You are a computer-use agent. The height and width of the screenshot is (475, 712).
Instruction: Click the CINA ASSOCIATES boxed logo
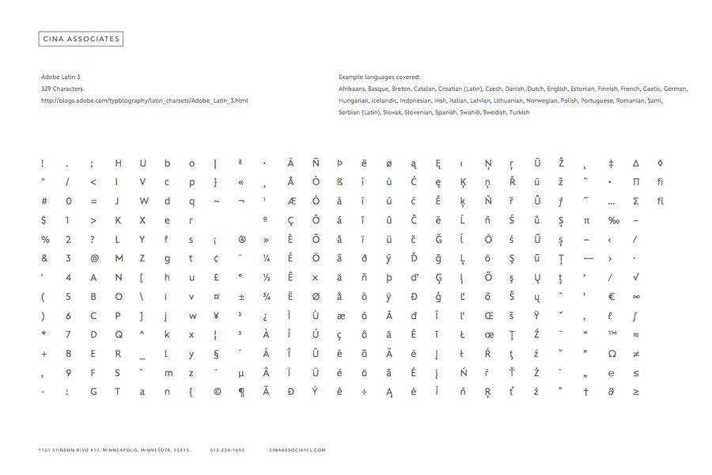pyautogui.click(x=81, y=38)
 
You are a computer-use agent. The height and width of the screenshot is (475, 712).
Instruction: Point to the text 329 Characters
pyautogui.click(x=62, y=89)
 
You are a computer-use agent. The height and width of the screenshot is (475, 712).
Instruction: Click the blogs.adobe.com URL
pyautogui.click(x=145, y=101)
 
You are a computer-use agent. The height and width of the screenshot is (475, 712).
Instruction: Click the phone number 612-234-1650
pyautogui.click(x=227, y=450)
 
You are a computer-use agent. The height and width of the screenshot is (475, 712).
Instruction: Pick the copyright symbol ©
pyautogui.click(x=217, y=391)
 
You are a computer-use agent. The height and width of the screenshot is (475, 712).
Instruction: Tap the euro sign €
pyautogui.click(x=612, y=296)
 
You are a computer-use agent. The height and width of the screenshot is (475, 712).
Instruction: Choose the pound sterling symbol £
pyautogui.click(x=216, y=277)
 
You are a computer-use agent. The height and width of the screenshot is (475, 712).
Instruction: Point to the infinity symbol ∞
pyautogui.click(x=636, y=296)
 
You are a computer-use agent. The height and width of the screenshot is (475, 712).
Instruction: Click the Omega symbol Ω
pyautogui.click(x=612, y=353)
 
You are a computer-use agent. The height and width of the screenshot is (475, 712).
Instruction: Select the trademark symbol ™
pyautogui.click(x=612, y=334)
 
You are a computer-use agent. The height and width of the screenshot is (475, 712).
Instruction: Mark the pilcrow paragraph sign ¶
pyautogui.click(x=241, y=391)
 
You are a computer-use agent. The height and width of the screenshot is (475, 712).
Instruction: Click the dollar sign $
pyautogui.click(x=44, y=220)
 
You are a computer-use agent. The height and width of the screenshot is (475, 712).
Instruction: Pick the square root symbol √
pyautogui.click(x=636, y=277)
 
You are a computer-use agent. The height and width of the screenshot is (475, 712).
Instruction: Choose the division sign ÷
pyautogui.click(x=365, y=391)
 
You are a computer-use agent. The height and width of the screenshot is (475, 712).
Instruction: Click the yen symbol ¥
pyautogui.click(x=216, y=315)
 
